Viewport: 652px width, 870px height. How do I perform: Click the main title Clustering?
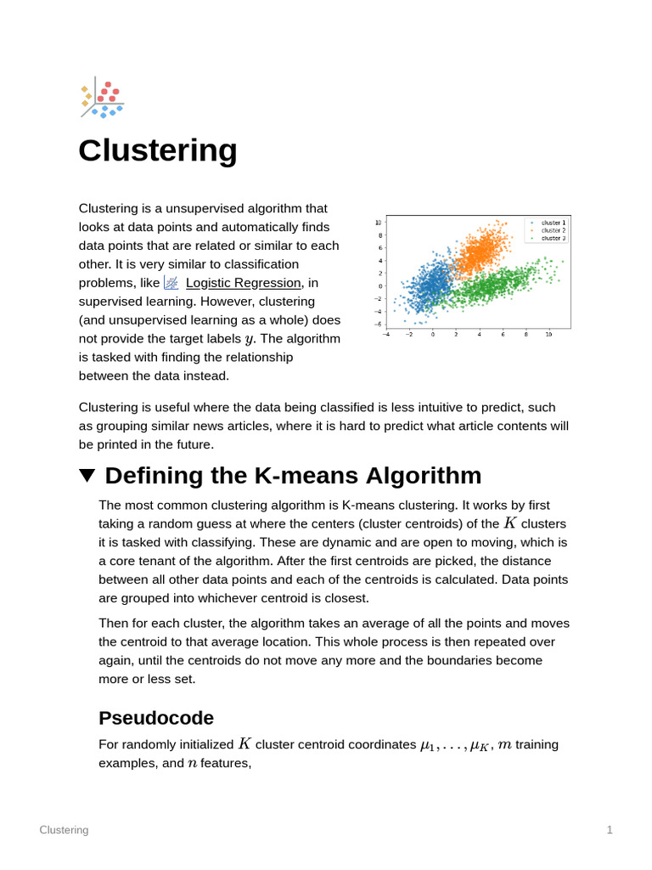[158, 151]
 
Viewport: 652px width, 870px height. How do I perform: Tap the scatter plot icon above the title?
[101, 99]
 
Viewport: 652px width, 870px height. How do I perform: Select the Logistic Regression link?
[243, 283]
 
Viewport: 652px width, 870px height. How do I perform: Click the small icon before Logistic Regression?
[171, 283]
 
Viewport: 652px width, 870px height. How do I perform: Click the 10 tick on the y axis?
[379, 223]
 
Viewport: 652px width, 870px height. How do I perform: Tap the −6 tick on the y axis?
[378, 324]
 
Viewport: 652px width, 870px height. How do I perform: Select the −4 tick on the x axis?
[386, 334]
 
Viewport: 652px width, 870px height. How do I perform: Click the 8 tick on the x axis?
[526, 334]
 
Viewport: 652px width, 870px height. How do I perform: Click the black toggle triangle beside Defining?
[87, 476]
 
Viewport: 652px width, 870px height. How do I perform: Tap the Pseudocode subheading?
[156, 718]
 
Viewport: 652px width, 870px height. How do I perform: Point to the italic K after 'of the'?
[510, 523]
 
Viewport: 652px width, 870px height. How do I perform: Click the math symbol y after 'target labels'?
[249, 340]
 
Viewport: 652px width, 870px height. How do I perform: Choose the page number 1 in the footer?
[610, 830]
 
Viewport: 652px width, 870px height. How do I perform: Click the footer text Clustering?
[64, 830]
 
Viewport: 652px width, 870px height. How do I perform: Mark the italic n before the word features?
[192, 764]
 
